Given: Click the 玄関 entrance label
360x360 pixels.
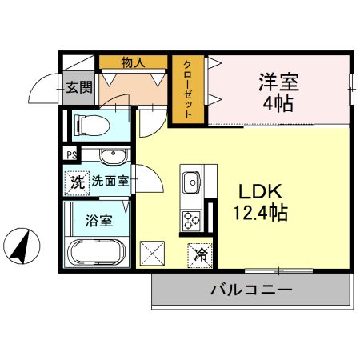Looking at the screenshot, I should point(78,87).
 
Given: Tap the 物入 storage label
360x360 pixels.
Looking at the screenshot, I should point(133,62).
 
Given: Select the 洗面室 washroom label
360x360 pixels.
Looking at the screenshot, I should point(110,181).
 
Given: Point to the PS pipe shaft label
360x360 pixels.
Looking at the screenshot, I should point(71,155).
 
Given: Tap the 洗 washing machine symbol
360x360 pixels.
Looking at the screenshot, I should point(77,182).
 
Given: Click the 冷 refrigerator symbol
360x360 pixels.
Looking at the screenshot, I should point(201,255).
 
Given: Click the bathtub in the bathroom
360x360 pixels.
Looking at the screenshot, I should point(98,254).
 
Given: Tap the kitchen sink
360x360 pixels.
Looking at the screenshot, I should point(193,183).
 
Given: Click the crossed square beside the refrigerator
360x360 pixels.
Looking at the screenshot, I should point(152,254).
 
